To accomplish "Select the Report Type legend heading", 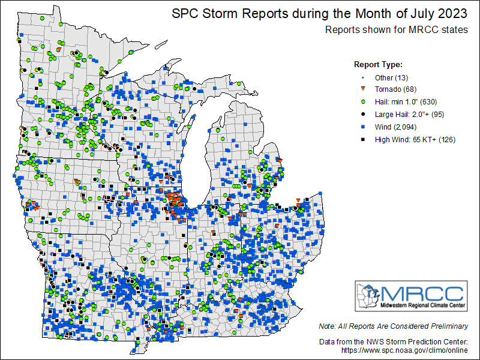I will coord(378,65).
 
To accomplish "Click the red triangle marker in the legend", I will coord(362,90).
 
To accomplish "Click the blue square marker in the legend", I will coord(362,127).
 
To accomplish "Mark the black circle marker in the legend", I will coord(362,115).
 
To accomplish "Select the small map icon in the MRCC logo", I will coord(367,296).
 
